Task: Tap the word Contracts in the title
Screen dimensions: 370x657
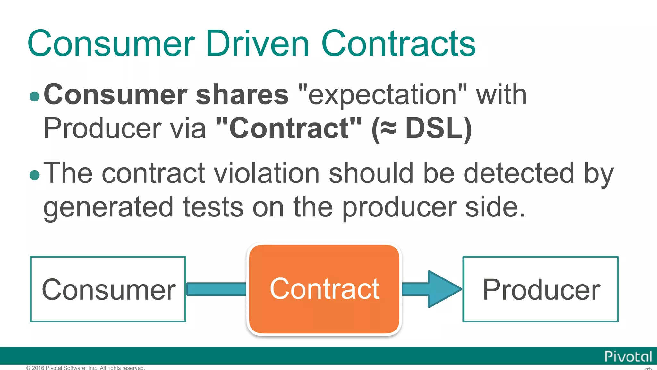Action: [398, 43]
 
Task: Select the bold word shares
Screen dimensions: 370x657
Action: [242, 94]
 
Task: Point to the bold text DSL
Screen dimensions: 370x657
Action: [435, 128]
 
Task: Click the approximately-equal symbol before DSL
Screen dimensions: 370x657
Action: [388, 128]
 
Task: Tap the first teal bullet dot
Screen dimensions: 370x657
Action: [34, 96]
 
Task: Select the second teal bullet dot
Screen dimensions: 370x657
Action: [34, 175]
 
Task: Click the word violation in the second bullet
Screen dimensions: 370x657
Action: [266, 173]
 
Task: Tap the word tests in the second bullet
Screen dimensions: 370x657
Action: [213, 207]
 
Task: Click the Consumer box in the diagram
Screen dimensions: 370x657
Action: [108, 289]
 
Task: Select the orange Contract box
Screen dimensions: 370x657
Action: [324, 289]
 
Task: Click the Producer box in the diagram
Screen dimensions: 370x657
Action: [541, 289]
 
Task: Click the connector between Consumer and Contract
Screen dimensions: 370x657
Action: [217, 289]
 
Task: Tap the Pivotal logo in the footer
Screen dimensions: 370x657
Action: [628, 357]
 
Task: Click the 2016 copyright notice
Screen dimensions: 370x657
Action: [86, 368]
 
